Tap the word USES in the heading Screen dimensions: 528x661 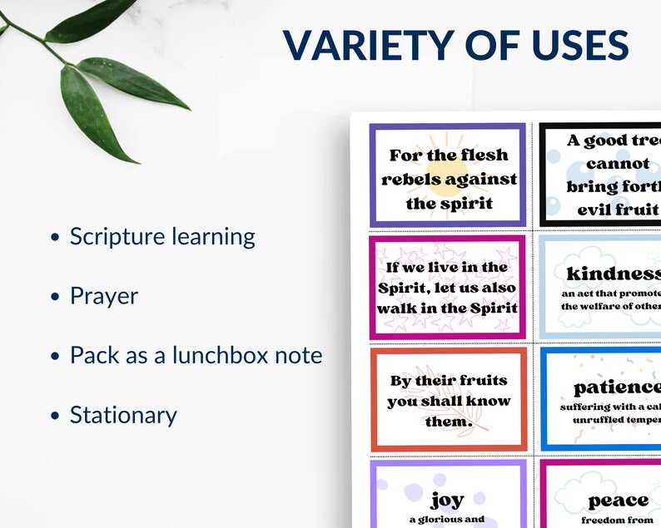573,47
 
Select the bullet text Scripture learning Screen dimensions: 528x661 162,236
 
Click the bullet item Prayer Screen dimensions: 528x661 104,296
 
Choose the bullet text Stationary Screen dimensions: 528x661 123,415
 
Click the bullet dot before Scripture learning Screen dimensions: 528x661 55,238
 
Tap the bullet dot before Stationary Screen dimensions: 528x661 55,416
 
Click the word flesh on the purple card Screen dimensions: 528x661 485,155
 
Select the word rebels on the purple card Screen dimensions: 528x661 411,179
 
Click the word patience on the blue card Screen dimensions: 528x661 617,387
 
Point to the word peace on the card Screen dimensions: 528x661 619,500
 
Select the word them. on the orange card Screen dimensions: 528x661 448,421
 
